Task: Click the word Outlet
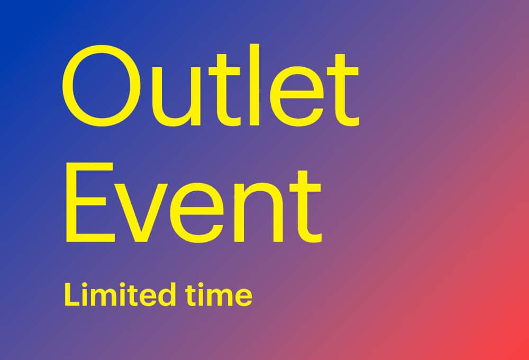coord(211,85)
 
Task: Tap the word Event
coord(193,203)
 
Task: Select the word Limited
coord(120,294)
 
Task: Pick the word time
coord(219,295)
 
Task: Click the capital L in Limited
coord(72,294)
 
